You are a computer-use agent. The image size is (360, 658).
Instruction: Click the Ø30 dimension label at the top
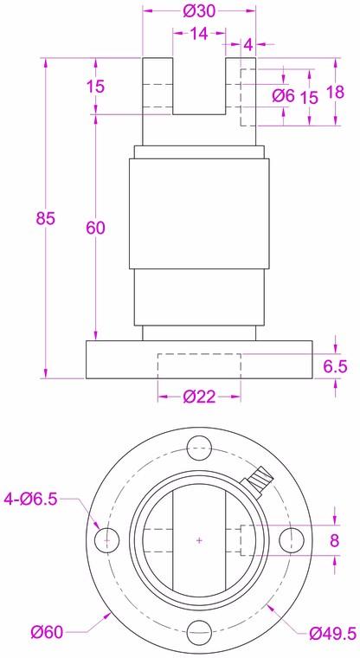click(199, 11)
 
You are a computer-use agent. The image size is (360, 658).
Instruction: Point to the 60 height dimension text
click(95, 227)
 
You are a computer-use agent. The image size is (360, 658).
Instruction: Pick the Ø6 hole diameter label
click(283, 95)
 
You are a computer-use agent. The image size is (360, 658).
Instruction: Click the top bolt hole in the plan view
click(199, 448)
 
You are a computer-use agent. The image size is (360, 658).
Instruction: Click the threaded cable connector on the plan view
click(258, 475)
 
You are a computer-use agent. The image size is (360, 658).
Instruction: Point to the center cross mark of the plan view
click(199, 541)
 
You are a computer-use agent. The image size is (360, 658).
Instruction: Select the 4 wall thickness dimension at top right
click(249, 42)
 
